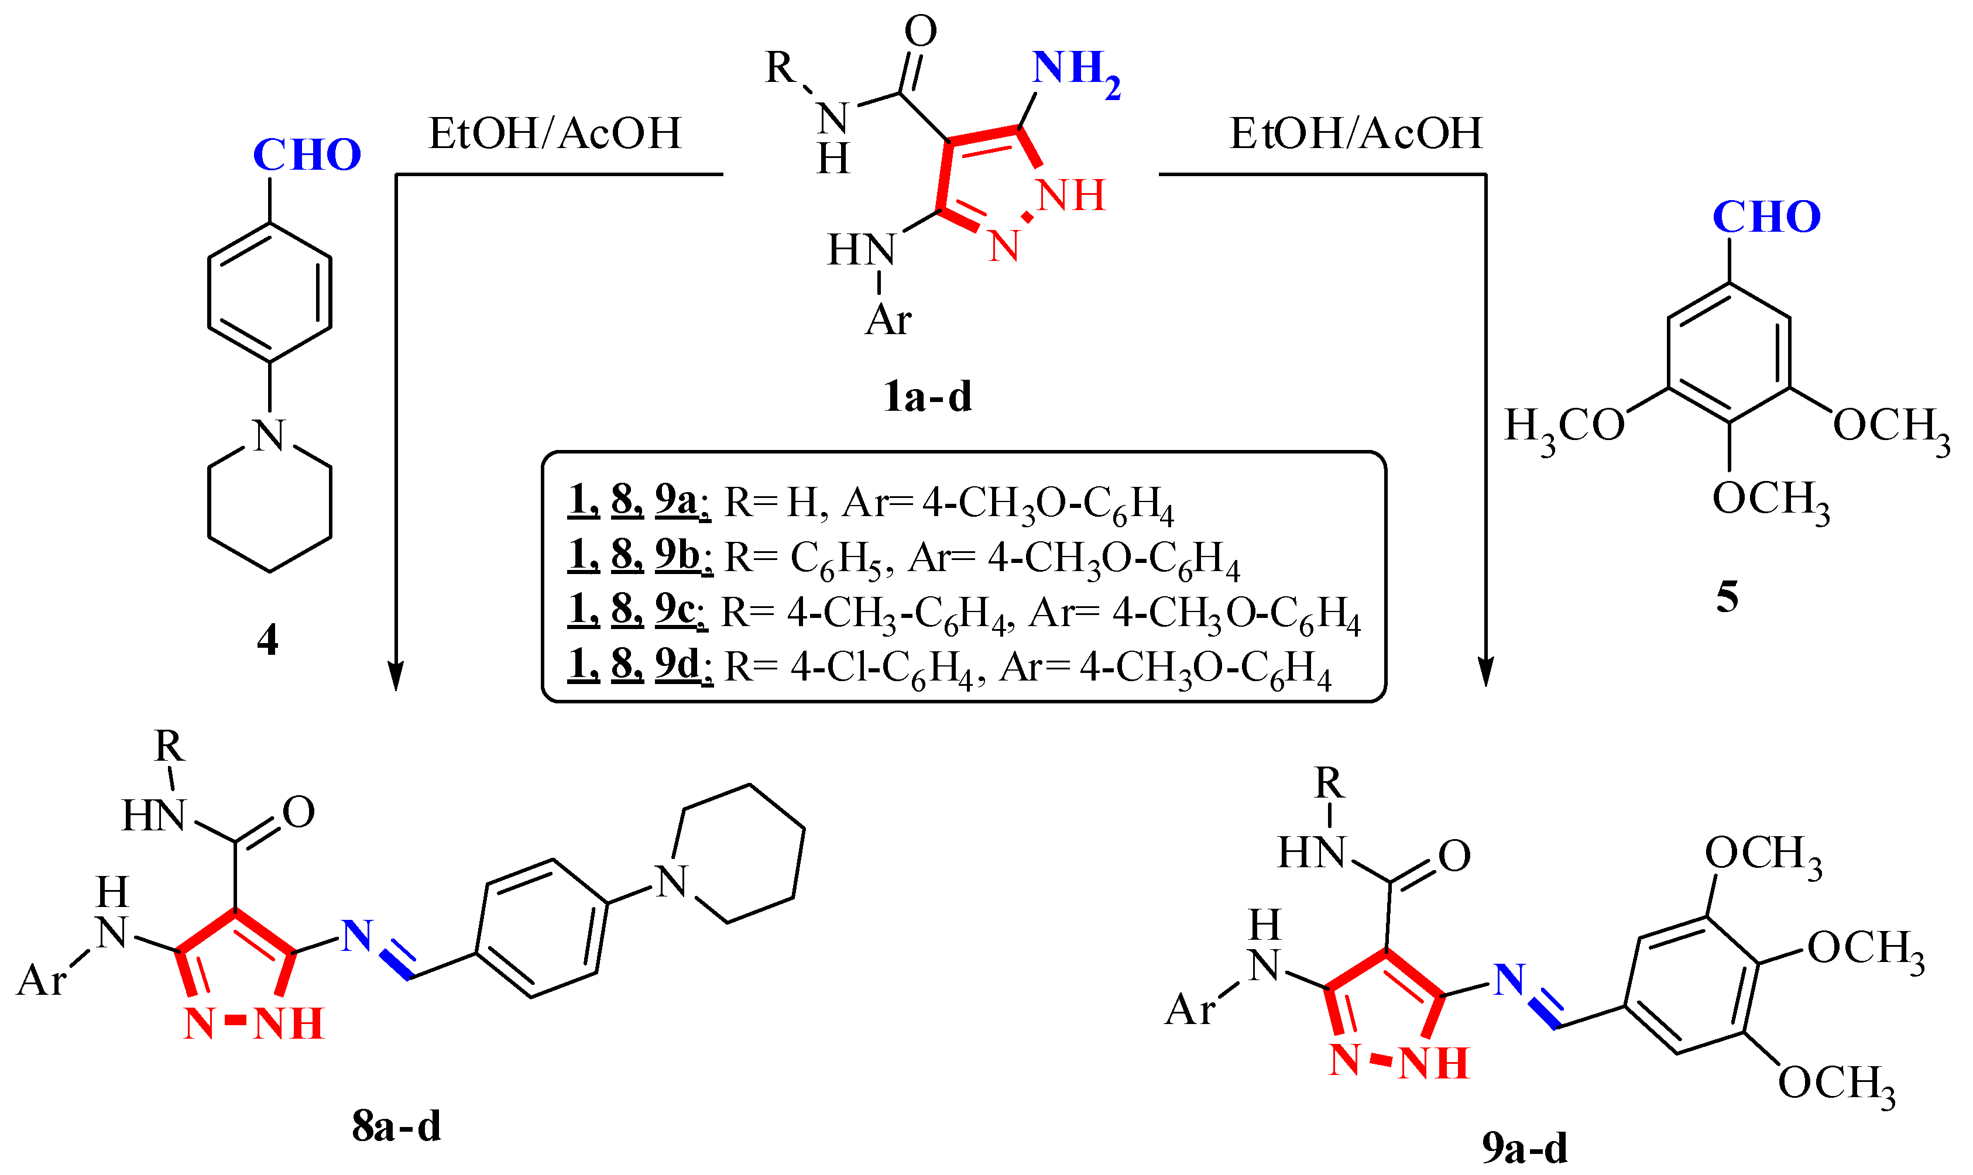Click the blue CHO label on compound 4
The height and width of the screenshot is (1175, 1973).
coord(307,154)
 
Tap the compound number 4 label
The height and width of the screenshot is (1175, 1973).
coord(267,640)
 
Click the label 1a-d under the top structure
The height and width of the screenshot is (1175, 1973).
coord(927,397)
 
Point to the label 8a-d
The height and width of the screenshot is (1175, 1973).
coord(396,1125)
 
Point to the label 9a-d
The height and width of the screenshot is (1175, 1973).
coord(1524,1147)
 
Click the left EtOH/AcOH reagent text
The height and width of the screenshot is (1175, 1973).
coord(554,133)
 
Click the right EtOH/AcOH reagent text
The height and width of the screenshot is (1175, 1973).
coord(1355,133)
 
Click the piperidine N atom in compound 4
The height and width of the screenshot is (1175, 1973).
coord(269,435)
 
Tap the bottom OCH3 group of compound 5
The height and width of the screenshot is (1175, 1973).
coord(1770,500)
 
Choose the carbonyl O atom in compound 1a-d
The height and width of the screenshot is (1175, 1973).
coord(920,32)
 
